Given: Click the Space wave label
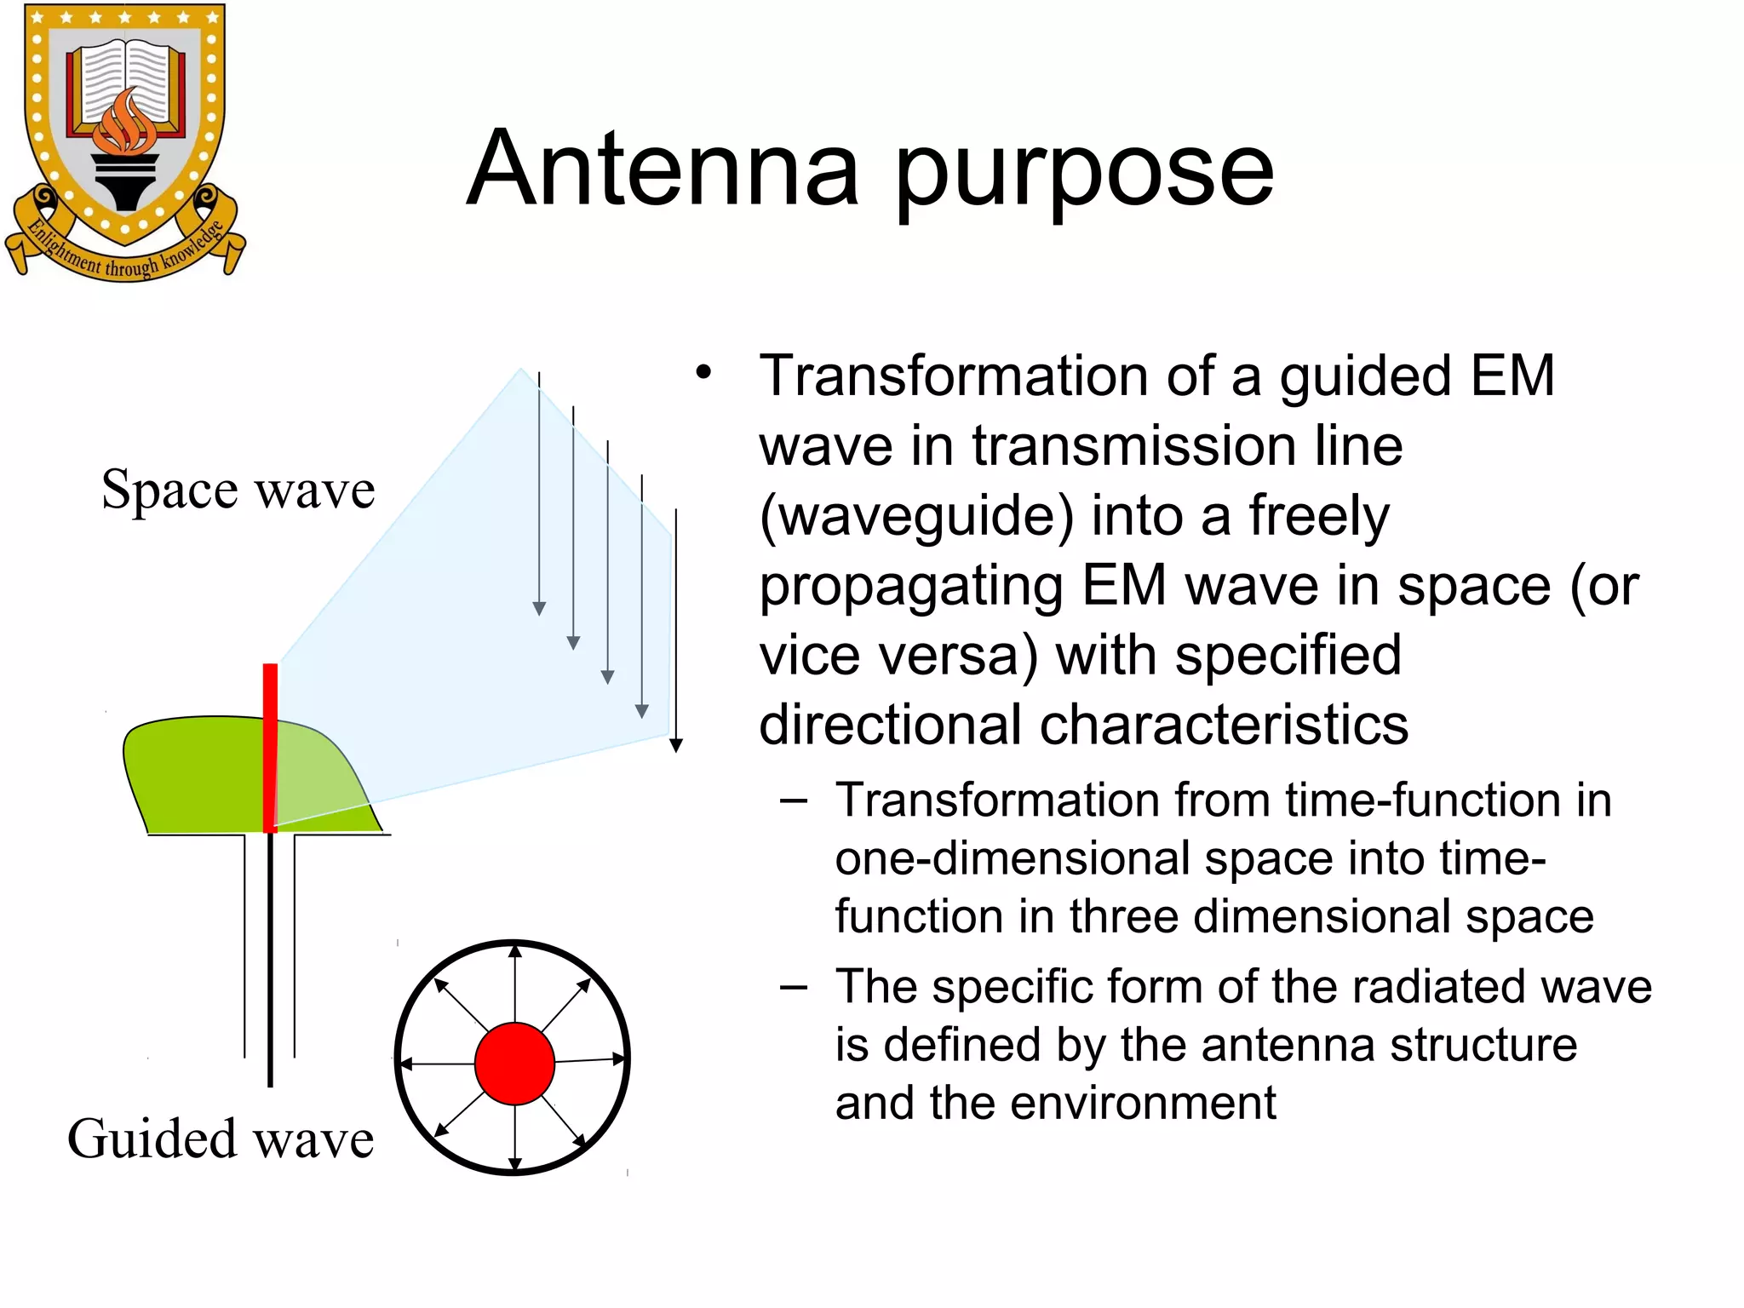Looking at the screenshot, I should (238, 490).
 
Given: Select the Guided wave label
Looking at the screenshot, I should (221, 1139).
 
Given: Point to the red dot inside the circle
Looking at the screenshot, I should (514, 1064).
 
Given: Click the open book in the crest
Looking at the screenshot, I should (126, 81).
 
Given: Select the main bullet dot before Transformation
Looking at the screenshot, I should (703, 373).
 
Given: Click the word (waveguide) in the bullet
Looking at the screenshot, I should (916, 516).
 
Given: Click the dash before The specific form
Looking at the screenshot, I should (793, 987).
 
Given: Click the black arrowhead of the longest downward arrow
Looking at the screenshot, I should (676, 746).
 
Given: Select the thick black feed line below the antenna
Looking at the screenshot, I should (270, 958).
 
